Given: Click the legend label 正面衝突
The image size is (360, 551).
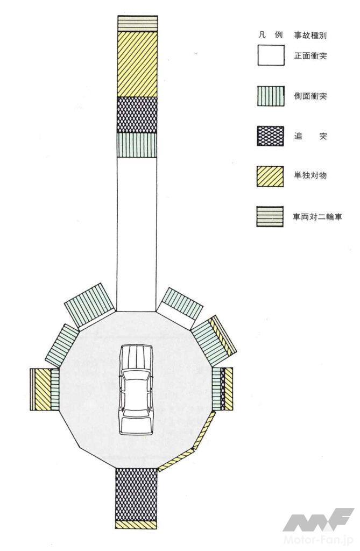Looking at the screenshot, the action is tap(310, 55).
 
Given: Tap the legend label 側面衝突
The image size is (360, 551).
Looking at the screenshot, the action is tap(310, 96).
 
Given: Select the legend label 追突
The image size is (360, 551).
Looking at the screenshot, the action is tap(310, 136).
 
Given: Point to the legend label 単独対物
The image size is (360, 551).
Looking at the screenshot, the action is tap(310, 175).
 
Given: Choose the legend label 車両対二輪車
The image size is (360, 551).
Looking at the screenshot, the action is tap(317, 217).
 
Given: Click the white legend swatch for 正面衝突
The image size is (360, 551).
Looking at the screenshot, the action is tap(271, 55).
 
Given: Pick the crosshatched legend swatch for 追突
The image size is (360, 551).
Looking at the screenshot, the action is tap(270, 136).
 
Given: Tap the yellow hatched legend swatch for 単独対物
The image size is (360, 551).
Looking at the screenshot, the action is tap(270, 176).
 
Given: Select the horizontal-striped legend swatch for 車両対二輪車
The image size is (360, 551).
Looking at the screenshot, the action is tap(270, 216).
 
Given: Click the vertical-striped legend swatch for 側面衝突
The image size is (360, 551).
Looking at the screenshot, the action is tap(270, 96).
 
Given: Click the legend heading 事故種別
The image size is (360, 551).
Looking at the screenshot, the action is tap(311, 35).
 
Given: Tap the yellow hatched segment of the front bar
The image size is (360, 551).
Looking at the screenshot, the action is tap(137, 65).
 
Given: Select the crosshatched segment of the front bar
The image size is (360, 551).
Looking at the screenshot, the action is tap(137, 115).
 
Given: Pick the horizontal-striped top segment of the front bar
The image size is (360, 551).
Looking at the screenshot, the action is tap(137, 24).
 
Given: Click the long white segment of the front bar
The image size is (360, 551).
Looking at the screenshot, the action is tap(136, 234).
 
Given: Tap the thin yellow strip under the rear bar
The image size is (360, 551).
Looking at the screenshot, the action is tap(136, 525).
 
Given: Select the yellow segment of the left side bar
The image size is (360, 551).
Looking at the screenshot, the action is tap(43, 390).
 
